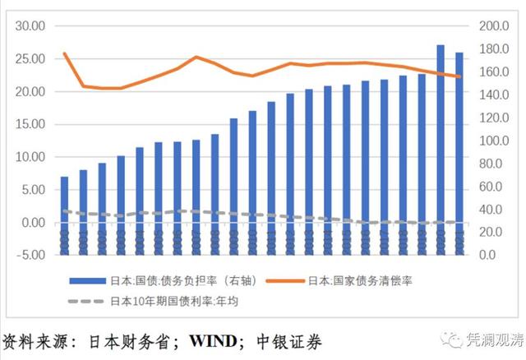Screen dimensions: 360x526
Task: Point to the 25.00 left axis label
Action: point(31,58)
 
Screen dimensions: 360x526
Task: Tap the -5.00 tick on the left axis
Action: point(31,255)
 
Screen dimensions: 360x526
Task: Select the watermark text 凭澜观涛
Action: point(491,339)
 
